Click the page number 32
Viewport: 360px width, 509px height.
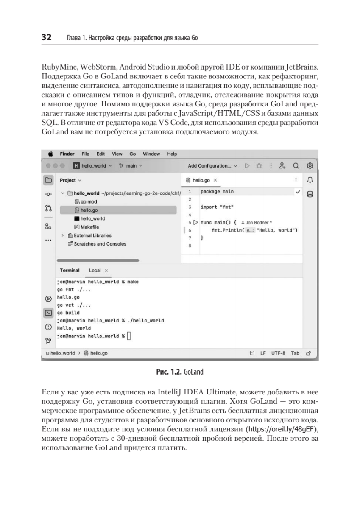click(46, 37)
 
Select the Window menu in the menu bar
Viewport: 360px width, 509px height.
click(151, 154)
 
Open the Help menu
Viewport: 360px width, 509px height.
click(172, 154)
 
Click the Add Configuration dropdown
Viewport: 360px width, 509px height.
click(212, 165)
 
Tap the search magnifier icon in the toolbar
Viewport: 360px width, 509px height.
click(296, 165)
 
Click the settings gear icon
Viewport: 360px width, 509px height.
click(310, 165)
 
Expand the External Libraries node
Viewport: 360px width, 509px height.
click(62, 235)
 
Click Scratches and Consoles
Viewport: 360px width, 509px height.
click(100, 244)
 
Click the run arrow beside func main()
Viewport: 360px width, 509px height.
click(195, 222)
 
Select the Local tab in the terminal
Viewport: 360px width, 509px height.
click(95, 270)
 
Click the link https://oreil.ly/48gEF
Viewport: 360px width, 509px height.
click(287, 429)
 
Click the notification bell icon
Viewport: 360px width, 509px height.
click(310, 180)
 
